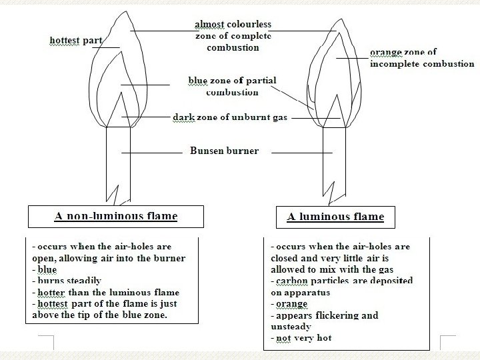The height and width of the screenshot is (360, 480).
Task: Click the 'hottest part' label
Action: [76, 41]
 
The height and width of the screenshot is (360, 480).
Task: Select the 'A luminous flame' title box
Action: [335, 217]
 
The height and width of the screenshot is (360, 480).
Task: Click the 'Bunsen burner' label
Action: [225, 151]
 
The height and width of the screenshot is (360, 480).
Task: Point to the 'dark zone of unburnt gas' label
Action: [230, 117]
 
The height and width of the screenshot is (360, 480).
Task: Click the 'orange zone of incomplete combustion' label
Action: [422, 58]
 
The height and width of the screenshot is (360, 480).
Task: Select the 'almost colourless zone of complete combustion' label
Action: [233, 36]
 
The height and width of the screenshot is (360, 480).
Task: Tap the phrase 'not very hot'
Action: [303, 338]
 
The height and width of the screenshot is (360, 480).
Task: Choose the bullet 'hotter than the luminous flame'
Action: [106, 292]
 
